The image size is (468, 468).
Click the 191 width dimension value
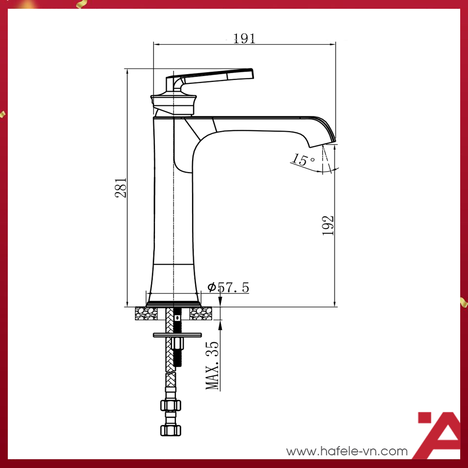pos(244,39)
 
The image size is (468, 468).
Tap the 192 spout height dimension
pos(328,225)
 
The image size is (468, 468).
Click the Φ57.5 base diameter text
pos(228,288)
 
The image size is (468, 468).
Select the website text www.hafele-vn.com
pos(347,451)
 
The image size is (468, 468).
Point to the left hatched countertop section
pos(146,313)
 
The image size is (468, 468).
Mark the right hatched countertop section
pos(200,313)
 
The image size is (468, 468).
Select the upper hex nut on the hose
pos(170,405)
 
